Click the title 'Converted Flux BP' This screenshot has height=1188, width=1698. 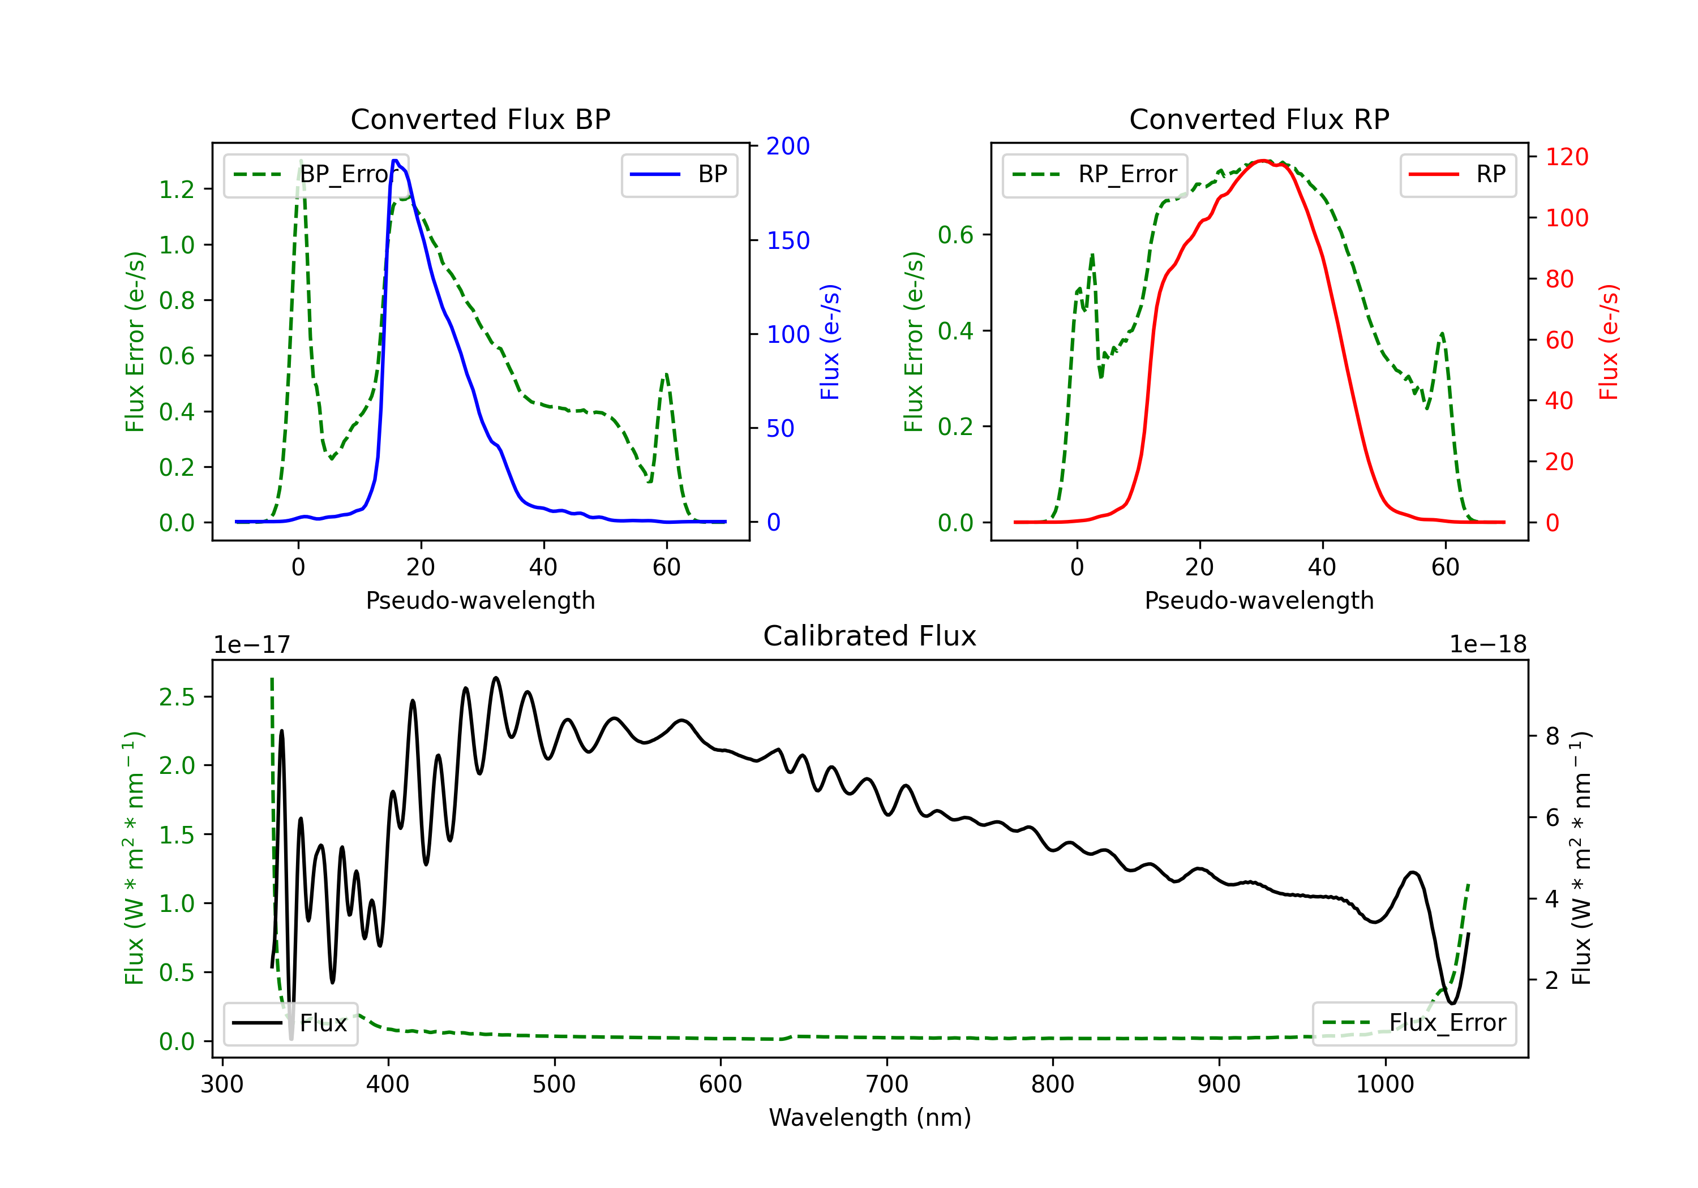[481, 119]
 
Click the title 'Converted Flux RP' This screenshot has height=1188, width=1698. [1259, 119]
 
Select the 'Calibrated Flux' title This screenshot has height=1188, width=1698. [870, 636]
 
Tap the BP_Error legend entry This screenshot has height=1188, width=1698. [316, 174]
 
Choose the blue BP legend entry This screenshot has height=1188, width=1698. [679, 174]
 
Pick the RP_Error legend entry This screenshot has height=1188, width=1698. [1095, 174]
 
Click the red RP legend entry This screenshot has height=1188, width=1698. [1457, 174]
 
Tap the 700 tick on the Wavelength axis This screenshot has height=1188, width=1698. [887, 1084]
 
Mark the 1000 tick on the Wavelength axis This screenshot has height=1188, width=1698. [1385, 1084]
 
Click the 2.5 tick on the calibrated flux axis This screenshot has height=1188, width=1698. [178, 696]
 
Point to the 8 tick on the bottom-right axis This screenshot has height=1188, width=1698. [1553, 737]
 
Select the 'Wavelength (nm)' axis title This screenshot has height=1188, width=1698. [870, 1118]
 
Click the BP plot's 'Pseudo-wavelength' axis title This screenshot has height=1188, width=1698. [481, 600]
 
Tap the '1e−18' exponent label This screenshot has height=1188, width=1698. [1488, 645]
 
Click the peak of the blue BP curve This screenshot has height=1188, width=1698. [395, 161]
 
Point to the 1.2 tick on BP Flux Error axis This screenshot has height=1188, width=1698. [178, 190]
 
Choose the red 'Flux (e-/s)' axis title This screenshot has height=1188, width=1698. [1609, 342]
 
